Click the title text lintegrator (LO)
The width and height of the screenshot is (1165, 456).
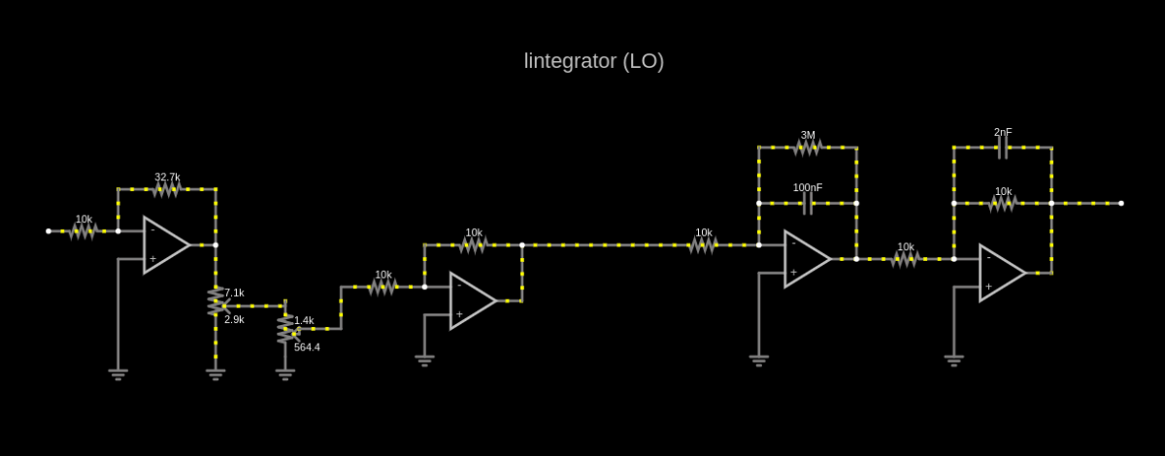pos(594,61)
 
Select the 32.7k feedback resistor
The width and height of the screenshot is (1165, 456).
pos(166,189)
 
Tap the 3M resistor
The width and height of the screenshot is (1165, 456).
pos(807,147)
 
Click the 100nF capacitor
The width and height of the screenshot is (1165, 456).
pos(807,204)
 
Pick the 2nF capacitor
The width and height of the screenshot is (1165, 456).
pos(1003,147)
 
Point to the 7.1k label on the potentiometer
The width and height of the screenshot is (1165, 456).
pos(234,293)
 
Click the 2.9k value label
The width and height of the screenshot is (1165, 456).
pos(234,320)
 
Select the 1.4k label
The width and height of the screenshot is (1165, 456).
pos(304,321)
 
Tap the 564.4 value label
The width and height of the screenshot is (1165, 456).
pos(307,347)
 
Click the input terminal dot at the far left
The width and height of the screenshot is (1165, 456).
pos(49,231)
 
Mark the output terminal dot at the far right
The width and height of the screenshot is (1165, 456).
pos(1121,204)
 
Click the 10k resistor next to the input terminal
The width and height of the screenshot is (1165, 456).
pos(83,231)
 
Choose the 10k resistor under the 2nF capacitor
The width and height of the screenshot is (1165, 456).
pos(1003,204)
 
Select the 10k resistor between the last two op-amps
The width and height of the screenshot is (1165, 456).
pos(905,259)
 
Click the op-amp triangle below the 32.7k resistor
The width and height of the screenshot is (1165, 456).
pos(166,244)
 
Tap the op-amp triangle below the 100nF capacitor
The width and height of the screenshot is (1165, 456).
pos(807,259)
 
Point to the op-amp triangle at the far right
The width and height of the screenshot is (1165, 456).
pos(1003,273)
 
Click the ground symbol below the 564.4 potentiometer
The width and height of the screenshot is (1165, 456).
pos(285,375)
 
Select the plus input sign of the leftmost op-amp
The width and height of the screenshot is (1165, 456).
pos(153,258)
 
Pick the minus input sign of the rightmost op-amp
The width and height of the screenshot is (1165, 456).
pos(988,258)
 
